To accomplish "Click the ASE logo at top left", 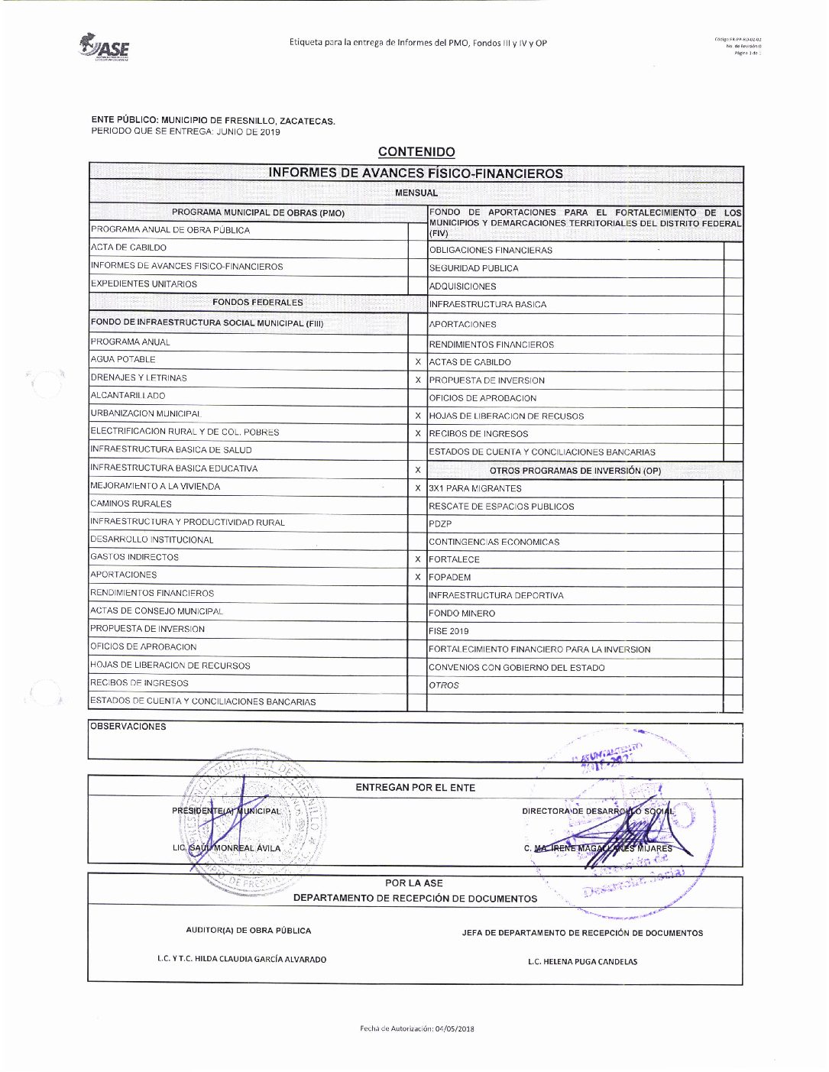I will tap(105, 47).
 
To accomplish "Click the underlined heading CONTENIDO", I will tap(416, 153).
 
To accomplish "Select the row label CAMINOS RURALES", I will tap(131, 504).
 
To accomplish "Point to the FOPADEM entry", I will tap(450, 578).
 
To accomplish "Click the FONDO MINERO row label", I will tap(461, 614).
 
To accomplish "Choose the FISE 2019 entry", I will tap(449, 632).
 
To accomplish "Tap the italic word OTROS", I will tap(444, 685).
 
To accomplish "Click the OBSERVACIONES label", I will tap(128, 727).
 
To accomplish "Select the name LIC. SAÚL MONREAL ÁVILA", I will tap(226, 848).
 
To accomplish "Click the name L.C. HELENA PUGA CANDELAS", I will tap(582, 962).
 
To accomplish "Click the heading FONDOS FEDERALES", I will tap(257, 303).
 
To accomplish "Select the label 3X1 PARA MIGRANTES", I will tap(475, 488).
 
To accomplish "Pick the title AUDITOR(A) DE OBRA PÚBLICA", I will tap(248, 931).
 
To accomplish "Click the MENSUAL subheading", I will tap(416, 193).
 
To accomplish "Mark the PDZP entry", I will tap(440, 524).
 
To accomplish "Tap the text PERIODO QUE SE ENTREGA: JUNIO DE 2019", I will tap(186, 132).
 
